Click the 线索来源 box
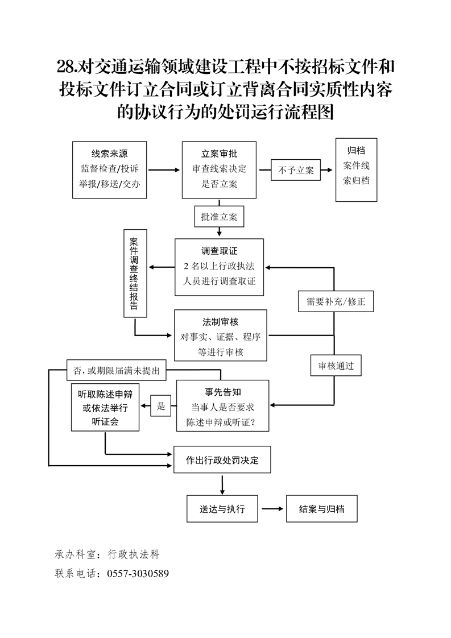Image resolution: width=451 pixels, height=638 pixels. [x=110, y=169]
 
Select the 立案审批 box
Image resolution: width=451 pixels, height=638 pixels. [x=220, y=169]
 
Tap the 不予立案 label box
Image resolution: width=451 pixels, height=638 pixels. [x=296, y=169]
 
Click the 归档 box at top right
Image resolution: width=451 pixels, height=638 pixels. [x=356, y=169]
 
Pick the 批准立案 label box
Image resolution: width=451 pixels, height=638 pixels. [x=220, y=217]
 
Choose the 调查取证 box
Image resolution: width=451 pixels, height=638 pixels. [x=220, y=267]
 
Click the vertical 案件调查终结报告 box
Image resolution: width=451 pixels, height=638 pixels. [x=135, y=274]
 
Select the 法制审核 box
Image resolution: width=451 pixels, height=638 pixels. [x=221, y=335]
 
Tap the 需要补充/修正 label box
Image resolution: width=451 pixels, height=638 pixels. [x=336, y=301]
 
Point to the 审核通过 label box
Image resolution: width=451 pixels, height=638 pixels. [x=336, y=366]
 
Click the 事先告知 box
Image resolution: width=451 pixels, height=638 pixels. [x=224, y=406]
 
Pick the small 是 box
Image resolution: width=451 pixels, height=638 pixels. [x=161, y=406]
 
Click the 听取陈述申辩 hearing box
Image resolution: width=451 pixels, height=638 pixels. [x=105, y=408]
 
